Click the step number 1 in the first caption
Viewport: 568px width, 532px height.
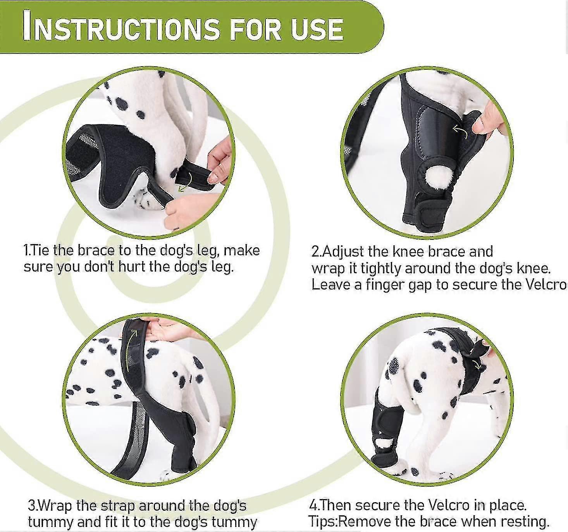(x=26, y=250)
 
